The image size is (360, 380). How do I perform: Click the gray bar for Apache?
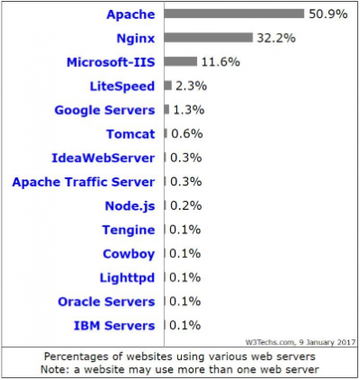tap(233, 14)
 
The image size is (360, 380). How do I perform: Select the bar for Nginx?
tap(208, 38)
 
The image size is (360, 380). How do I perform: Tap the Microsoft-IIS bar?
tap(180, 62)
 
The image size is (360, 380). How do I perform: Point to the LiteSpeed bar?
tap(167, 86)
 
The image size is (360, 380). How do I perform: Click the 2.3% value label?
tap(188, 86)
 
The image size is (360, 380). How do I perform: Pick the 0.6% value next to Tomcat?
tap(184, 134)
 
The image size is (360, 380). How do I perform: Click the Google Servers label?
tap(104, 110)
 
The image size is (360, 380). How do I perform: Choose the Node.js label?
tap(128, 205)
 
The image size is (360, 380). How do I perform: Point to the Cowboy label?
tap(128, 253)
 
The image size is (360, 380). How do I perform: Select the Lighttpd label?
tap(126, 277)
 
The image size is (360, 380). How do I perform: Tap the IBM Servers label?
tap(113, 325)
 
